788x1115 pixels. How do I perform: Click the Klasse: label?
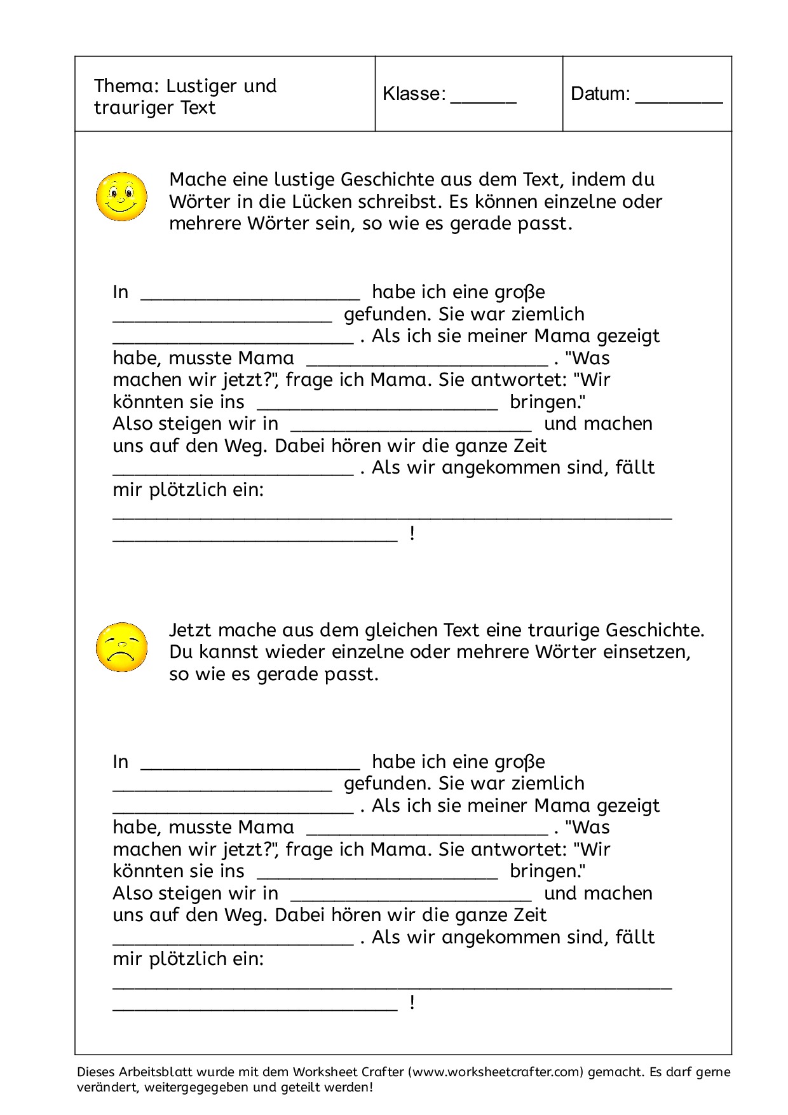click(414, 94)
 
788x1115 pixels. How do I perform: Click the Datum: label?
click(600, 94)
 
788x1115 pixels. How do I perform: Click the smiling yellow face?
click(121, 196)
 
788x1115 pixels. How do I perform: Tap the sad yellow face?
click(121, 647)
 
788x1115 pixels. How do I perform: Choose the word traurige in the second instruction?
click(563, 631)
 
